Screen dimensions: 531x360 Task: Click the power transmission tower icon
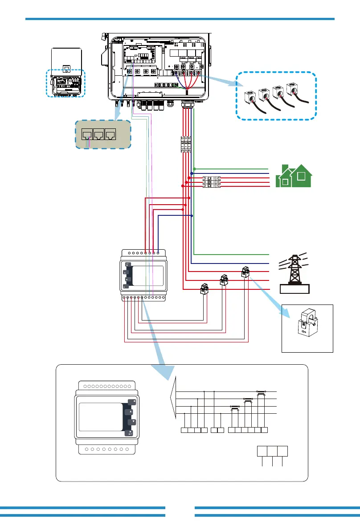293,270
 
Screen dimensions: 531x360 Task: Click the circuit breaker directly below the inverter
186,144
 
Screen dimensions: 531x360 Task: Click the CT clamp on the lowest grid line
205,289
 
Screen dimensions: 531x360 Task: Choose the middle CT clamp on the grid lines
224,280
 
